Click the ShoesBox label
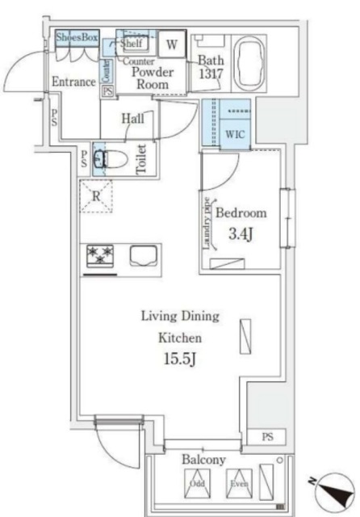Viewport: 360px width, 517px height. (x=77, y=36)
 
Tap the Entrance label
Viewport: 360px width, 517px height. (x=73, y=82)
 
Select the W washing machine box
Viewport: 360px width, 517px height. (x=171, y=44)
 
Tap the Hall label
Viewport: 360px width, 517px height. (x=133, y=119)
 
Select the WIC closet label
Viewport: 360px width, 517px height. (x=236, y=132)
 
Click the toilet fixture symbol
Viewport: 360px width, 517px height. (x=100, y=158)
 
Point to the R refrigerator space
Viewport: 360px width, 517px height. (x=95, y=195)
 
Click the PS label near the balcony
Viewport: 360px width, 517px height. (x=268, y=436)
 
